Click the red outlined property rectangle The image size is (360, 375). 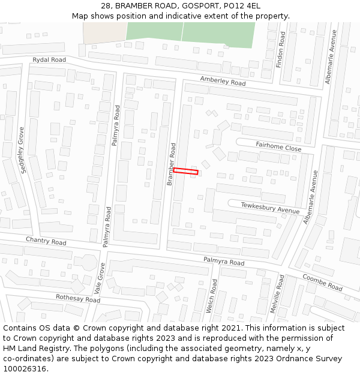[185, 172]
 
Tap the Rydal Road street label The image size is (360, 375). [49, 60]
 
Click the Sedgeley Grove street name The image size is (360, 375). [23, 150]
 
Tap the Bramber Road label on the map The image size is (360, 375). [171, 164]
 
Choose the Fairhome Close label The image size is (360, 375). [278, 146]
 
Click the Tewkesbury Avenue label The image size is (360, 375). [270, 208]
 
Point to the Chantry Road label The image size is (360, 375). [46, 241]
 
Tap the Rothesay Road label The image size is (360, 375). [77, 298]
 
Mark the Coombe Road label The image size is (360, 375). [322, 283]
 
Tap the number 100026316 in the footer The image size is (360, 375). [25, 368]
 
